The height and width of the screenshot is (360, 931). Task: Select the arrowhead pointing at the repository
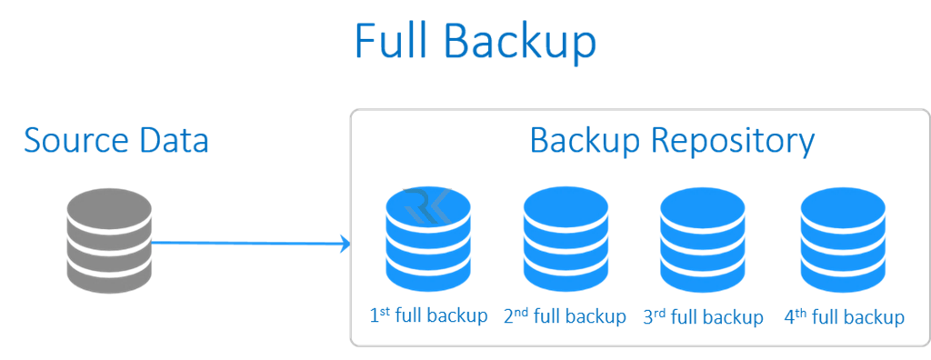tap(345, 243)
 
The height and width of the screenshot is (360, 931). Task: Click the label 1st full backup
tap(428, 316)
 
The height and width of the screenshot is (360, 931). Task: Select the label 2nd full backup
tap(565, 316)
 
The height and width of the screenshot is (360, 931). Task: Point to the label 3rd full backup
tap(703, 316)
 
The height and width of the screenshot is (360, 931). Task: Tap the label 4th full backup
tap(844, 316)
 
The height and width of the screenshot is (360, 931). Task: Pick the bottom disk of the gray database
tap(109, 273)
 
